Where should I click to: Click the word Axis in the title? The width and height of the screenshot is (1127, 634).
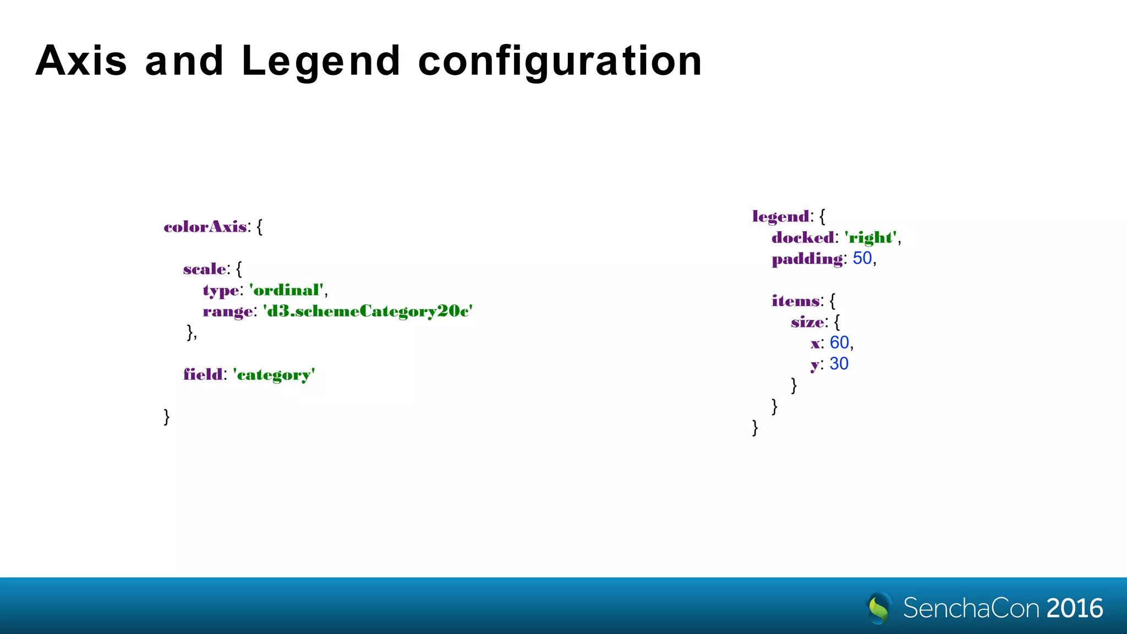[x=81, y=61]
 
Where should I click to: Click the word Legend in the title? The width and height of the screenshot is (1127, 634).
[x=321, y=61]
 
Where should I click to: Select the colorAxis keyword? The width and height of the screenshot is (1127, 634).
[x=205, y=227]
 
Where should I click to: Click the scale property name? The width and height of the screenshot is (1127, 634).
[x=204, y=269]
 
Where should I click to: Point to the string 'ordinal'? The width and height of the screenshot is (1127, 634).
[x=286, y=290]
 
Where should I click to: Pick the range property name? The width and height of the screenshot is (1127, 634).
[x=228, y=311]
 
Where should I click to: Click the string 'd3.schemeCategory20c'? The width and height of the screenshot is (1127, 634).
[x=368, y=311]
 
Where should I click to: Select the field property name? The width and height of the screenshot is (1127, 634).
[x=203, y=375]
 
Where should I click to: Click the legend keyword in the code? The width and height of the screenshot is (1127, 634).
[x=781, y=216]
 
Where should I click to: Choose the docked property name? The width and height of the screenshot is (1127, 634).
[x=803, y=238]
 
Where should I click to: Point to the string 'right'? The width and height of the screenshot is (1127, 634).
[x=871, y=238]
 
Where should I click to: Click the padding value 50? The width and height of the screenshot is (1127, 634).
[x=862, y=258]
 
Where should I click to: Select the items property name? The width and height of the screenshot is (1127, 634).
[x=796, y=301]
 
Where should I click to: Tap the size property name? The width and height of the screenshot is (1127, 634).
[x=807, y=323]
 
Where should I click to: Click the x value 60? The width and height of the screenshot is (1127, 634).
[x=839, y=343]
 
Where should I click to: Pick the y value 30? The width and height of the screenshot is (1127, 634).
[x=839, y=364]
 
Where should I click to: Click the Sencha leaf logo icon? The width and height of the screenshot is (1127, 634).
[x=879, y=608]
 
